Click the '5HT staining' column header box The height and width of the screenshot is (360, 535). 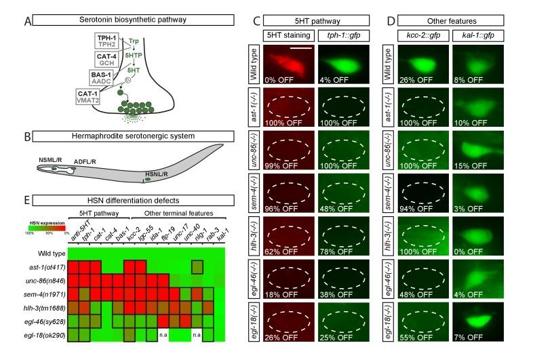point(292,35)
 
